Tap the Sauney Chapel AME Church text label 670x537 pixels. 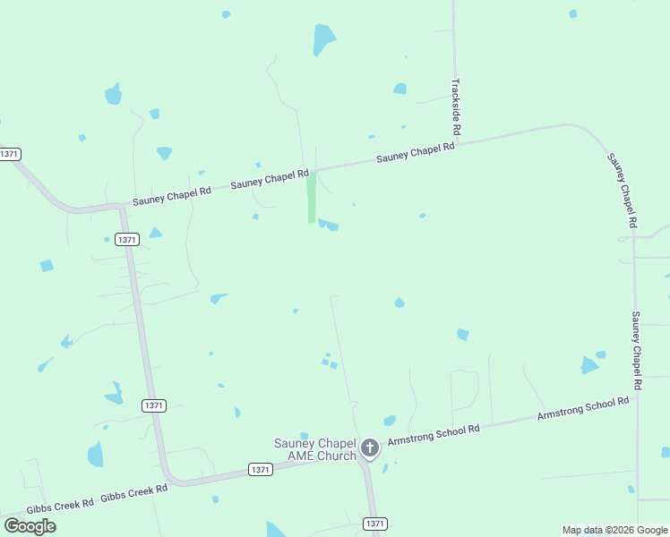(x=314, y=449)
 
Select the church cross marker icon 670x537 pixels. (x=370, y=447)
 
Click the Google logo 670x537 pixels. (x=30, y=526)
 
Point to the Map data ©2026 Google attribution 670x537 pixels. (x=614, y=530)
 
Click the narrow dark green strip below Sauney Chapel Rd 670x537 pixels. (x=312, y=198)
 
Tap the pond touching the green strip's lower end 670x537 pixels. (x=328, y=225)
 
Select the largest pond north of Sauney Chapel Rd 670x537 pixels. (x=323, y=39)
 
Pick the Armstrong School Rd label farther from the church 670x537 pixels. (x=582, y=410)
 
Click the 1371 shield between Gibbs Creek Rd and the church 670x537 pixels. (x=260, y=469)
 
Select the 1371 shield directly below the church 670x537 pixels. (x=374, y=523)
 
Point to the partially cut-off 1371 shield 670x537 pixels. (x=10, y=154)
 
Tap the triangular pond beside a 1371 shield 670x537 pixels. (x=155, y=233)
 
